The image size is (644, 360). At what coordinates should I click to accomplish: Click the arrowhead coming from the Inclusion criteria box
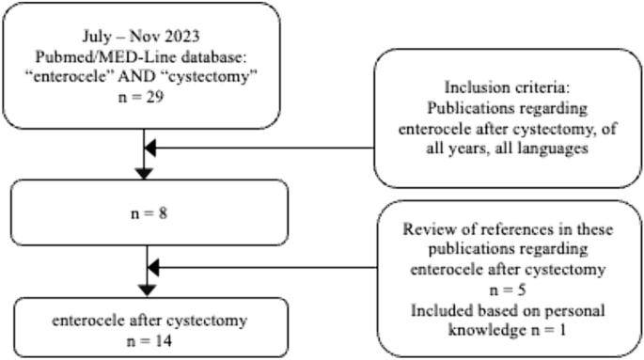point(152,148)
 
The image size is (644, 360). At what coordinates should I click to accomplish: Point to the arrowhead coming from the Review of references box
point(152,269)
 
